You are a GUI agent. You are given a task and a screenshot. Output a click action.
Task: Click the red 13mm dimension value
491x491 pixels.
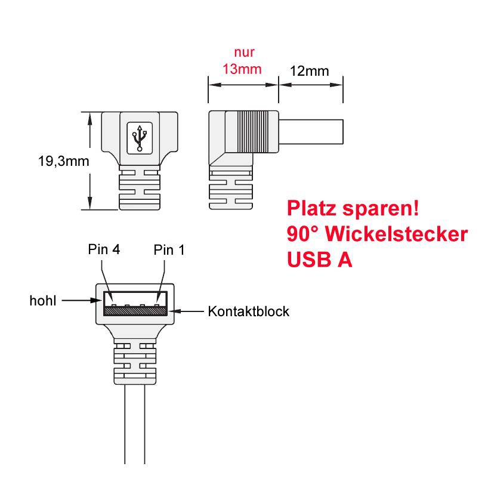242,69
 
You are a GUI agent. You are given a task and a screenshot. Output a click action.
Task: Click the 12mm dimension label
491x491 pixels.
309,71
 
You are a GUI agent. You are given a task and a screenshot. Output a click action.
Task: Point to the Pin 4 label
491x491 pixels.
104,249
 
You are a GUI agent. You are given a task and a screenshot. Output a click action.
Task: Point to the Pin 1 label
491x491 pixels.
169,249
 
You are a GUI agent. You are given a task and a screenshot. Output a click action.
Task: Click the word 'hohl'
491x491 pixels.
43,301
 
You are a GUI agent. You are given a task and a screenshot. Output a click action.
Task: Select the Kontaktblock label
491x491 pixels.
248,311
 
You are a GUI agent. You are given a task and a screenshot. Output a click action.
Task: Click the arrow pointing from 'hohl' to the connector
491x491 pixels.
80,301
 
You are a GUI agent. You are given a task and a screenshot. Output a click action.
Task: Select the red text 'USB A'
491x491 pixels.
319,260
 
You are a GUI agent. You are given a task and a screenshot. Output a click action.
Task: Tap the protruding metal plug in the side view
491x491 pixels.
311,131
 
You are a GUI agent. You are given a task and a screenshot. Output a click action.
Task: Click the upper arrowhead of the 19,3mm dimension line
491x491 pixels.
89,118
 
